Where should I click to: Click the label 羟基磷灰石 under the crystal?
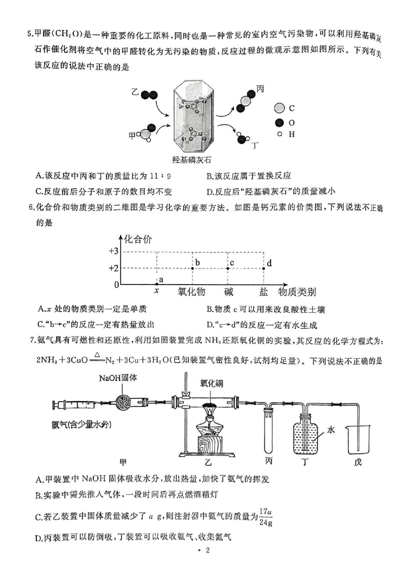pyautogui.click(x=192, y=160)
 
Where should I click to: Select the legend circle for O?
pyautogui.click(x=279, y=122)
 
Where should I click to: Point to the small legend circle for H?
pyautogui.click(x=279, y=134)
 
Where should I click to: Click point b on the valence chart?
pyautogui.click(x=192, y=268)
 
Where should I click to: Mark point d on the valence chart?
pyautogui.click(x=264, y=268)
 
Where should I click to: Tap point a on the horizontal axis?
pyautogui.click(x=157, y=284)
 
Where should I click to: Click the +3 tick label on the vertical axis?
pyautogui.click(x=113, y=251)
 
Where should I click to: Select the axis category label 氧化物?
pyautogui.click(x=191, y=292)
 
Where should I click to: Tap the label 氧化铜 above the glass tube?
pyautogui.click(x=211, y=383)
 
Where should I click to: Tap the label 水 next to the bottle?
pyautogui.click(x=331, y=430)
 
